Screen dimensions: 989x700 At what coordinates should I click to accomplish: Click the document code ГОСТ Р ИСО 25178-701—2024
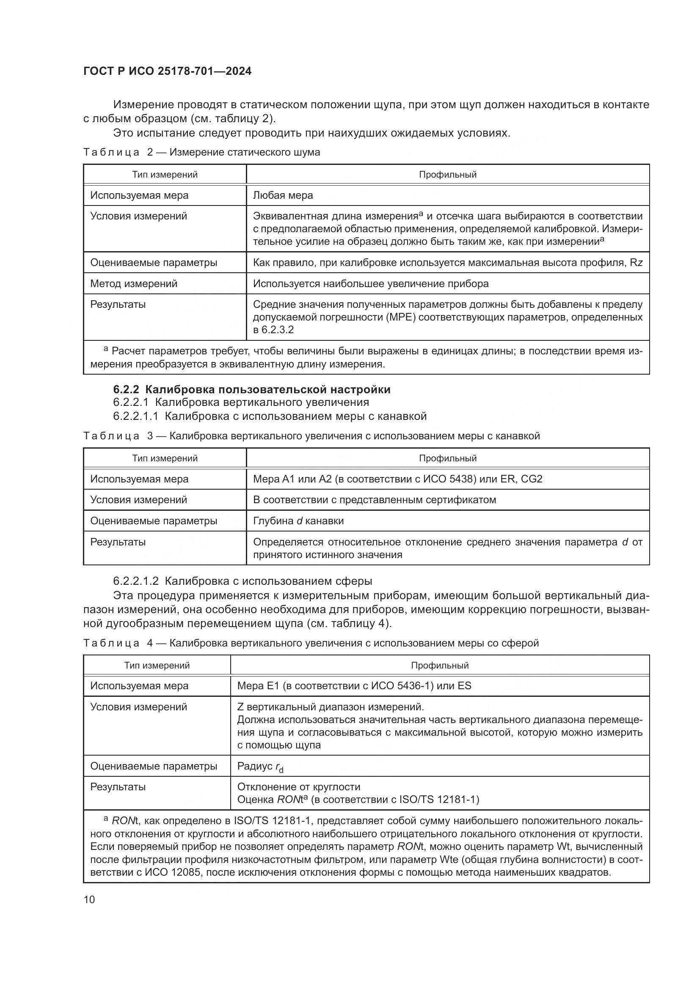point(167,71)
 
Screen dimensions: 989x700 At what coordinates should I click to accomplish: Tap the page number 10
point(89,899)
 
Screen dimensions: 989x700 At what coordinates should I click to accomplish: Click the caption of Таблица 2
point(201,152)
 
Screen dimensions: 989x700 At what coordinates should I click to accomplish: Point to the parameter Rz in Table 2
point(636,262)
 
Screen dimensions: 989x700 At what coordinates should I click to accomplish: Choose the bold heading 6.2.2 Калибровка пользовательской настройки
point(252,389)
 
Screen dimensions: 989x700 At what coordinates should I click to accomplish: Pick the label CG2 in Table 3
point(532,479)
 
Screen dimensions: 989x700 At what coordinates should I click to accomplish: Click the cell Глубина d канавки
point(298,521)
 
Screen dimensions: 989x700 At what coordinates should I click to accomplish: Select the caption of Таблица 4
point(311,643)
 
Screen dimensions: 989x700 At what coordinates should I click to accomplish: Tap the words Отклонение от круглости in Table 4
point(299,787)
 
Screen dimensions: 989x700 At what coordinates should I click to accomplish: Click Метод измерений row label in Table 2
point(134,283)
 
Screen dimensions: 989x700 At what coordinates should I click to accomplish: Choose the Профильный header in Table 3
point(447,458)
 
